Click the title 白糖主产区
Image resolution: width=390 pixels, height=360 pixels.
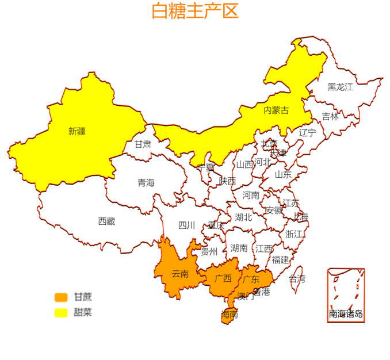(x=194, y=12)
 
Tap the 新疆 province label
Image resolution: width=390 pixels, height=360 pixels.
(x=77, y=131)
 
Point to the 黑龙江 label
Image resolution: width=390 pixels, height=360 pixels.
(x=340, y=87)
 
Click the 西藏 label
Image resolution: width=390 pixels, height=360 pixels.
(x=106, y=221)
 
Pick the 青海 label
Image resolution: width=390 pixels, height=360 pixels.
(x=146, y=183)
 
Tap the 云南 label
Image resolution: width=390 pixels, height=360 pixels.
(x=180, y=274)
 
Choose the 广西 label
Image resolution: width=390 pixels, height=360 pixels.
(x=223, y=278)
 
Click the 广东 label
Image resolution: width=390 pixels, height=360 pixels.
(x=251, y=279)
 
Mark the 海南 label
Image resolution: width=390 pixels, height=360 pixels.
(x=230, y=315)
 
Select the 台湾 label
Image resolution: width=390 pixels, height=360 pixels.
(x=297, y=279)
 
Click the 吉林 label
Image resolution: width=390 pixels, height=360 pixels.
(x=330, y=116)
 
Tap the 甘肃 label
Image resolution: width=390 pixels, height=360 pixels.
(x=143, y=144)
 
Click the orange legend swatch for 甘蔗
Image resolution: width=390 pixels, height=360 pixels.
(x=61, y=297)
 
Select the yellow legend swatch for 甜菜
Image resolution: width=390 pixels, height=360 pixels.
(x=61, y=313)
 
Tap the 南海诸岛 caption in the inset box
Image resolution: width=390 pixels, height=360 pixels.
(x=346, y=314)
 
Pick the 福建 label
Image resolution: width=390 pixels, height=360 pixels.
(x=281, y=260)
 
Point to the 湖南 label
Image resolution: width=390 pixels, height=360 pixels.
(x=239, y=248)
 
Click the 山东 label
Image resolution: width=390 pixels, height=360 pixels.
(x=282, y=174)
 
